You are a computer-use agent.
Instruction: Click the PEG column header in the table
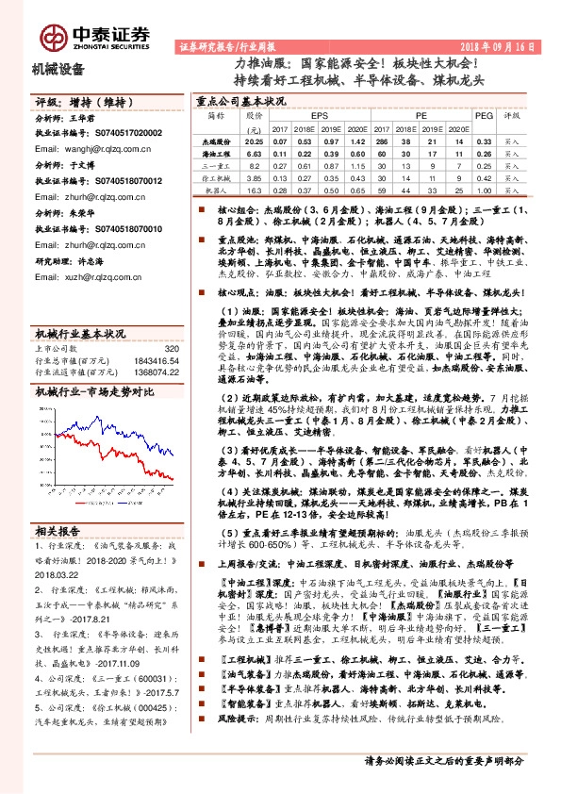(483, 114)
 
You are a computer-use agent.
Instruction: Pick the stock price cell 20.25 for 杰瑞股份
(252, 140)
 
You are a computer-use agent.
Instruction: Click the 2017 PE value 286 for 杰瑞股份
(379, 140)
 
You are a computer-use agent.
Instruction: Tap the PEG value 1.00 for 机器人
(483, 190)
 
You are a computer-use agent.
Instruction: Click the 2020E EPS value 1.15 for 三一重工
(356, 164)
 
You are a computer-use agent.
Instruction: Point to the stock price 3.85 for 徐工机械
(252, 176)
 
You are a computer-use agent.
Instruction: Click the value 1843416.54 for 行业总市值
(157, 360)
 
